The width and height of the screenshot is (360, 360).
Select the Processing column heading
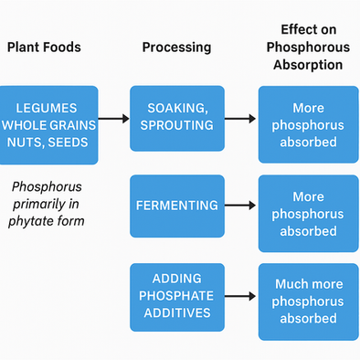click(176, 47)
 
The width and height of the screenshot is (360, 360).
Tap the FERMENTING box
click(176, 206)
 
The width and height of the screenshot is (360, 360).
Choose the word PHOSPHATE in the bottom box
click(176, 296)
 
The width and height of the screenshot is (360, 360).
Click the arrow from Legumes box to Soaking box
click(114, 119)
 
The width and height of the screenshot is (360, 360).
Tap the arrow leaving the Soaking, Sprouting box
click(240, 119)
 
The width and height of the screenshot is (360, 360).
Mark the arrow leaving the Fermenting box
click(240, 206)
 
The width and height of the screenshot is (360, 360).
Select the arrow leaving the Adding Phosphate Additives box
click(240, 296)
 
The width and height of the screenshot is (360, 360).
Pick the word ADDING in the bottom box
click(176, 278)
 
